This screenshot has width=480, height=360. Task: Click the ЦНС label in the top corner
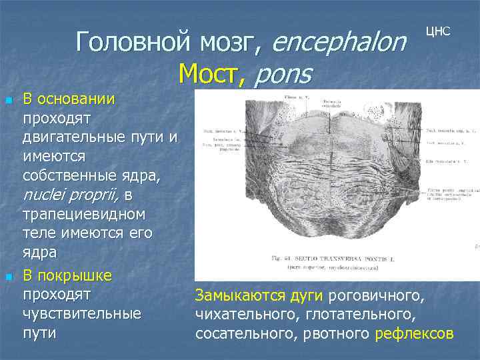[x=438, y=31]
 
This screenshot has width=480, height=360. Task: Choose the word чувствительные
[x=82, y=313]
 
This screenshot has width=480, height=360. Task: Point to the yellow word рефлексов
[x=415, y=333]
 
